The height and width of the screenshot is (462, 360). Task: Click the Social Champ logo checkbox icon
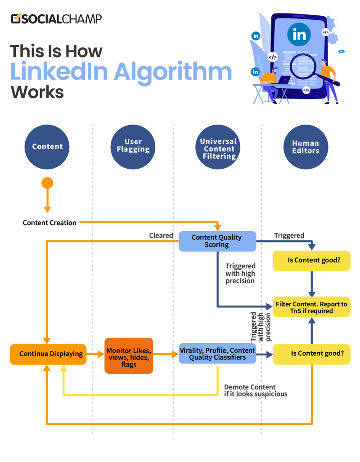click(x=16, y=18)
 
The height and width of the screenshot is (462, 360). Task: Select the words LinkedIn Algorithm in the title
click(x=121, y=72)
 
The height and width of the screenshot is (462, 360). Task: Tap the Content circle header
click(x=47, y=147)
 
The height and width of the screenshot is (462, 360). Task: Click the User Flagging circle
click(x=133, y=147)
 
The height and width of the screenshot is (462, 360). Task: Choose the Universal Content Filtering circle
click(x=219, y=147)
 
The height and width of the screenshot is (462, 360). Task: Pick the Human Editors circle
click(x=305, y=147)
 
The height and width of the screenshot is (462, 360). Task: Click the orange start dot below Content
click(x=47, y=183)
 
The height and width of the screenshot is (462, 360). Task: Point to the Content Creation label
click(x=49, y=223)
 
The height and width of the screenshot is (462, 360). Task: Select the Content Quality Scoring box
click(x=217, y=241)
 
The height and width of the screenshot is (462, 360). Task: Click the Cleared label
click(x=161, y=235)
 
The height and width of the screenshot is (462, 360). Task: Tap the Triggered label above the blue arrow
click(x=289, y=235)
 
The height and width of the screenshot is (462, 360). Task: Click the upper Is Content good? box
click(x=311, y=260)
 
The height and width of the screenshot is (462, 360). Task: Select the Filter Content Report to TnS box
click(x=311, y=307)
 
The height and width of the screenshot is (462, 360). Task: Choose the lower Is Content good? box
click(x=311, y=354)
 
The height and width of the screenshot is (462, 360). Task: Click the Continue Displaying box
click(x=48, y=354)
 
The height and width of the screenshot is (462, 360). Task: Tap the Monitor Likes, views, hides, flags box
click(x=129, y=356)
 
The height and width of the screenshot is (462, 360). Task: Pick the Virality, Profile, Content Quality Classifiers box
click(x=217, y=354)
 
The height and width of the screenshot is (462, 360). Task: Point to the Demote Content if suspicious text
click(x=255, y=390)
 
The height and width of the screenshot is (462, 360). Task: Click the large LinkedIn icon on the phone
click(x=299, y=34)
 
